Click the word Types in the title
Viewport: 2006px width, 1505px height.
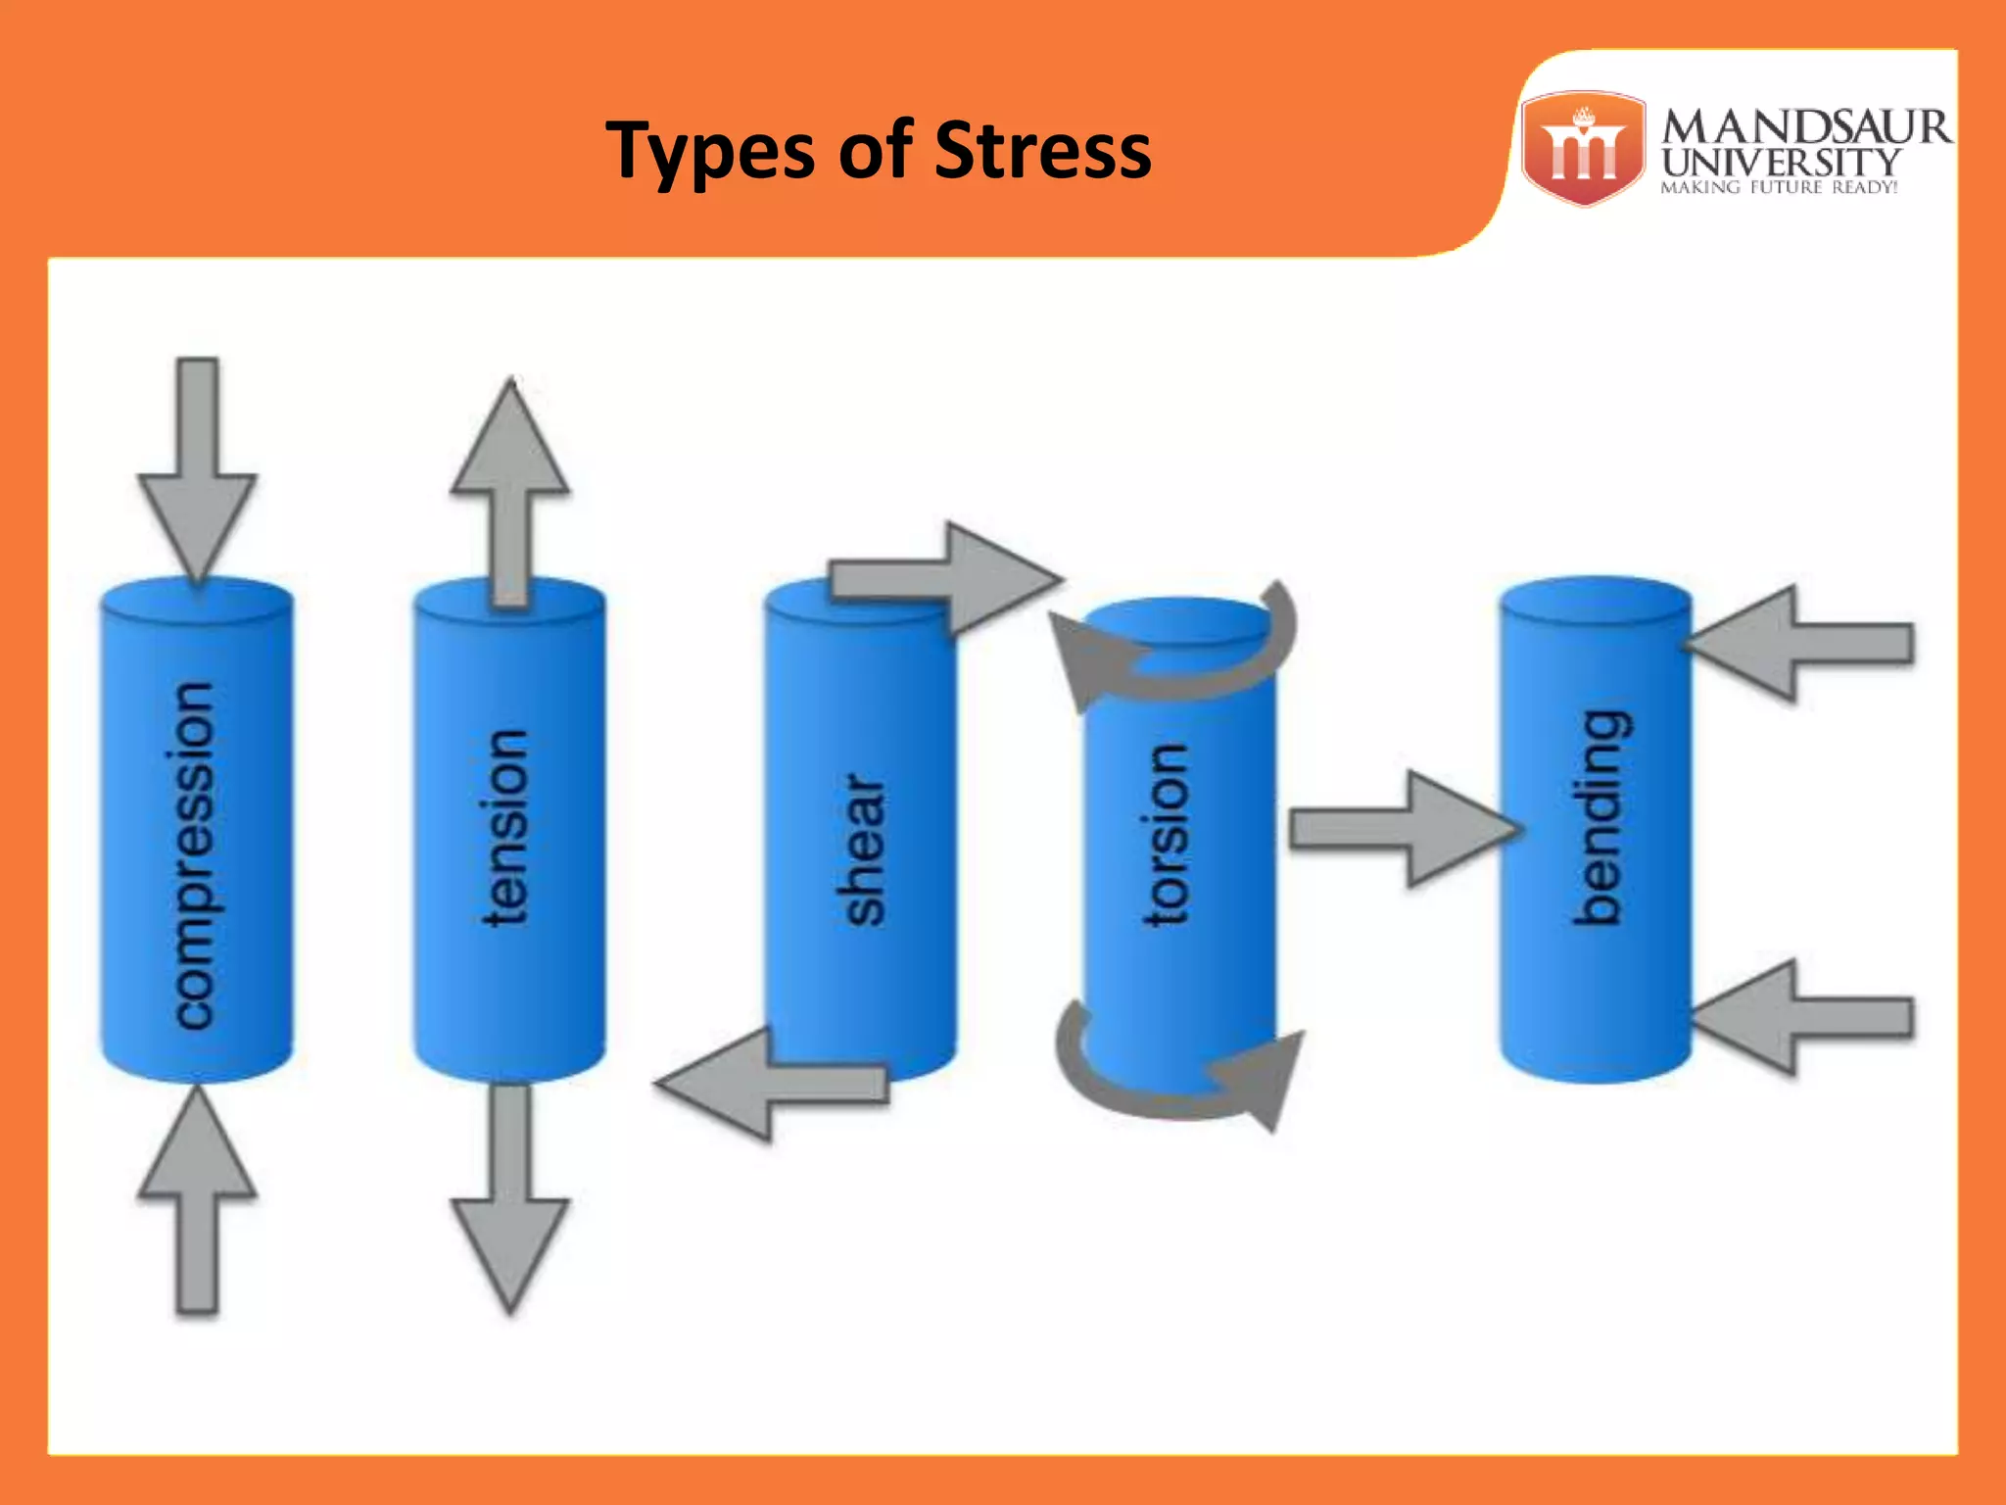(x=709, y=153)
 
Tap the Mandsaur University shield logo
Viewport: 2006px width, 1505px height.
(x=1583, y=148)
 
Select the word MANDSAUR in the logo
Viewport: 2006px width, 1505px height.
(x=1805, y=127)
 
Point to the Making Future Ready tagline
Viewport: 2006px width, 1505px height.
(x=1779, y=187)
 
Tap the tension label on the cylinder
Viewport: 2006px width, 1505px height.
(x=507, y=828)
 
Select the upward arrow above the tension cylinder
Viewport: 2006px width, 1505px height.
(x=509, y=490)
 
